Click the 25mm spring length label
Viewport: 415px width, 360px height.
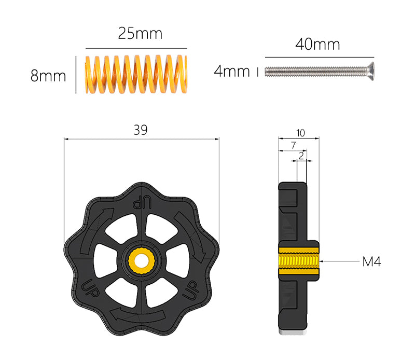coord(140,34)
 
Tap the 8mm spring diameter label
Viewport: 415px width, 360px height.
coord(48,76)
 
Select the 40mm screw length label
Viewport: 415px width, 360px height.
coord(317,44)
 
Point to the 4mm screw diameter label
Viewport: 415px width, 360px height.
coord(232,72)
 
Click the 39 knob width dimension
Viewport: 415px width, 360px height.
coord(141,130)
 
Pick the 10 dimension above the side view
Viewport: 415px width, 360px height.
coord(300,133)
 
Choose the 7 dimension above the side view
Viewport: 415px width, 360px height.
coord(293,145)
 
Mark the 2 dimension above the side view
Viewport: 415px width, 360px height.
coord(301,156)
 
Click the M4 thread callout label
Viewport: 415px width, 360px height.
coord(371,262)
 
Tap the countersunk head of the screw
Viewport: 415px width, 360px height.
coord(370,72)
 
